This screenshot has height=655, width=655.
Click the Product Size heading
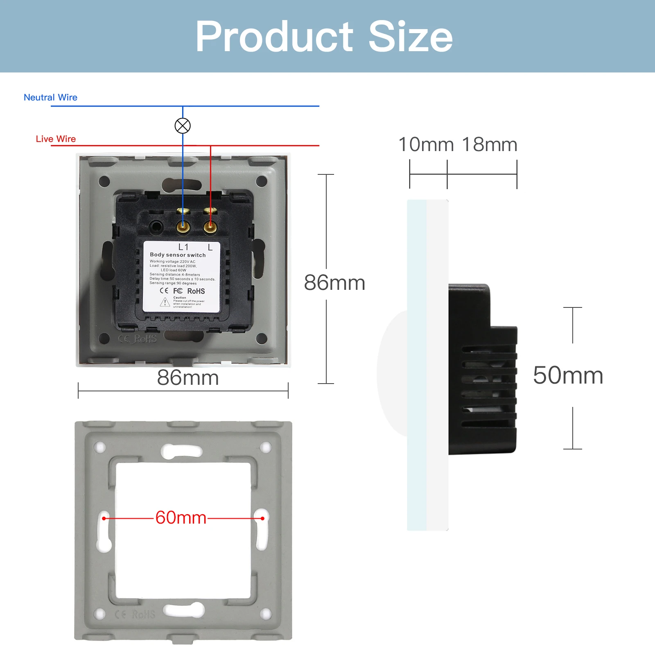(x=324, y=37)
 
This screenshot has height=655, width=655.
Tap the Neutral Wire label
(x=50, y=97)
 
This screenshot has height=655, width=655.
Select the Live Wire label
(x=56, y=139)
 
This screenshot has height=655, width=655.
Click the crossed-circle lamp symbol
(x=183, y=126)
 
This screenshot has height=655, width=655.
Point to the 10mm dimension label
(x=426, y=145)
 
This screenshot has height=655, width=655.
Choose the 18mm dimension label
(x=490, y=145)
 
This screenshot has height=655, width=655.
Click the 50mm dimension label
(x=568, y=375)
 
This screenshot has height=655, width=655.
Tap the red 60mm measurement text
(x=181, y=518)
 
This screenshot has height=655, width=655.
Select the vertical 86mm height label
(x=334, y=283)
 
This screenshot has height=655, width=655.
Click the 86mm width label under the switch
(x=188, y=378)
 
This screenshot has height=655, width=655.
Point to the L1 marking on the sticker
(x=183, y=247)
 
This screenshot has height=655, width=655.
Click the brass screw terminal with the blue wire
(x=183, y=226)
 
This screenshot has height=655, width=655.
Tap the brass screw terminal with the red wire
(x=210, y=226)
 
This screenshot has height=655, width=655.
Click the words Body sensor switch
(x=178, y=255)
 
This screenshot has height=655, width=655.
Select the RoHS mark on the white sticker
(x=196, y=291)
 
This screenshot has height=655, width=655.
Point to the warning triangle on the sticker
(x=165, y=303)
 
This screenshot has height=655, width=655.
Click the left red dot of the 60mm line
(x=104, y=518)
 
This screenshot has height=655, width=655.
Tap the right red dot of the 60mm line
(x=262, y=518)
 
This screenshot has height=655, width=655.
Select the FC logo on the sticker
(x=178, y=291)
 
